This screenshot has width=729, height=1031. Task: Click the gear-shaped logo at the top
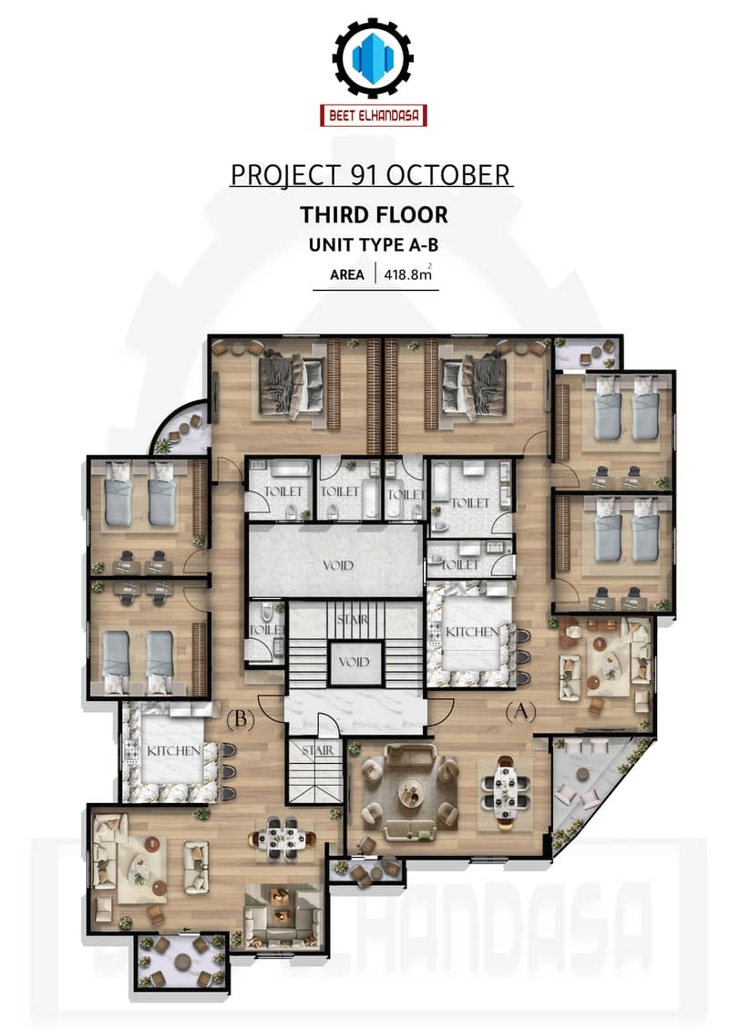(x=373, y=57)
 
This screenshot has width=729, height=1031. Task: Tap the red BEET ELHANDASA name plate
(x=374, y=116)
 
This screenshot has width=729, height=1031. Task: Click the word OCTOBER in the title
(x=447, y=175)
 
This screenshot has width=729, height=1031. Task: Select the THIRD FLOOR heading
(x=374, y=214)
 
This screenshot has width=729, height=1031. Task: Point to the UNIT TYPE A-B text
(x=374, y=245)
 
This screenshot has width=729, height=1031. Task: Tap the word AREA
(x=347, y=275)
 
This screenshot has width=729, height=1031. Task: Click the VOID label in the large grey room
(x=338, y=565)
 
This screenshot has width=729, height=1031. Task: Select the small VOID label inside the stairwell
(x=354, y=662)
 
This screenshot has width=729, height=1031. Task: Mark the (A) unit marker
(x=520, y=711)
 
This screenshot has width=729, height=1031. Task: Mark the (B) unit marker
(x=240, y=719)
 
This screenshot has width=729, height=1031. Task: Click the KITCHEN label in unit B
(x=173, y=750)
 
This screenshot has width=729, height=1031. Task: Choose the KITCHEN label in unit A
(x=472, y=631)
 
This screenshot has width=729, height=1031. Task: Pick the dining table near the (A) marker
(x=505, y=789)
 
